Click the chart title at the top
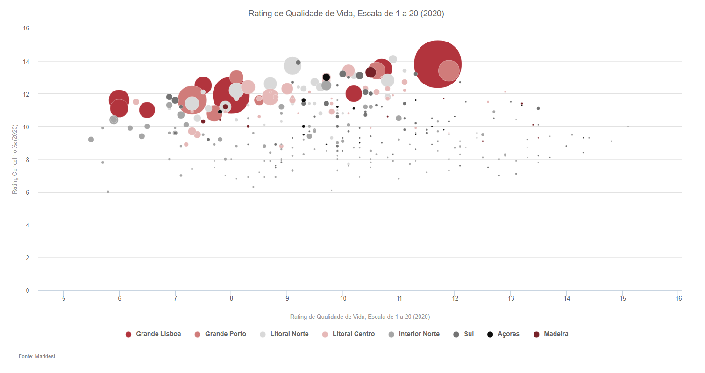346,14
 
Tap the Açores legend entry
505,334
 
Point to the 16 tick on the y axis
26,28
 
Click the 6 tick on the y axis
28,192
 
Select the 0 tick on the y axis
28,290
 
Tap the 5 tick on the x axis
64,298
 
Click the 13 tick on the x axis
511,298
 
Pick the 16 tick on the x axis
679,298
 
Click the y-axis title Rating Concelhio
15,159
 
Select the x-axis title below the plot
360,317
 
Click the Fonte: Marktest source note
37,356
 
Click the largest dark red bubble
438,64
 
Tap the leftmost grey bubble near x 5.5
91,140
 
